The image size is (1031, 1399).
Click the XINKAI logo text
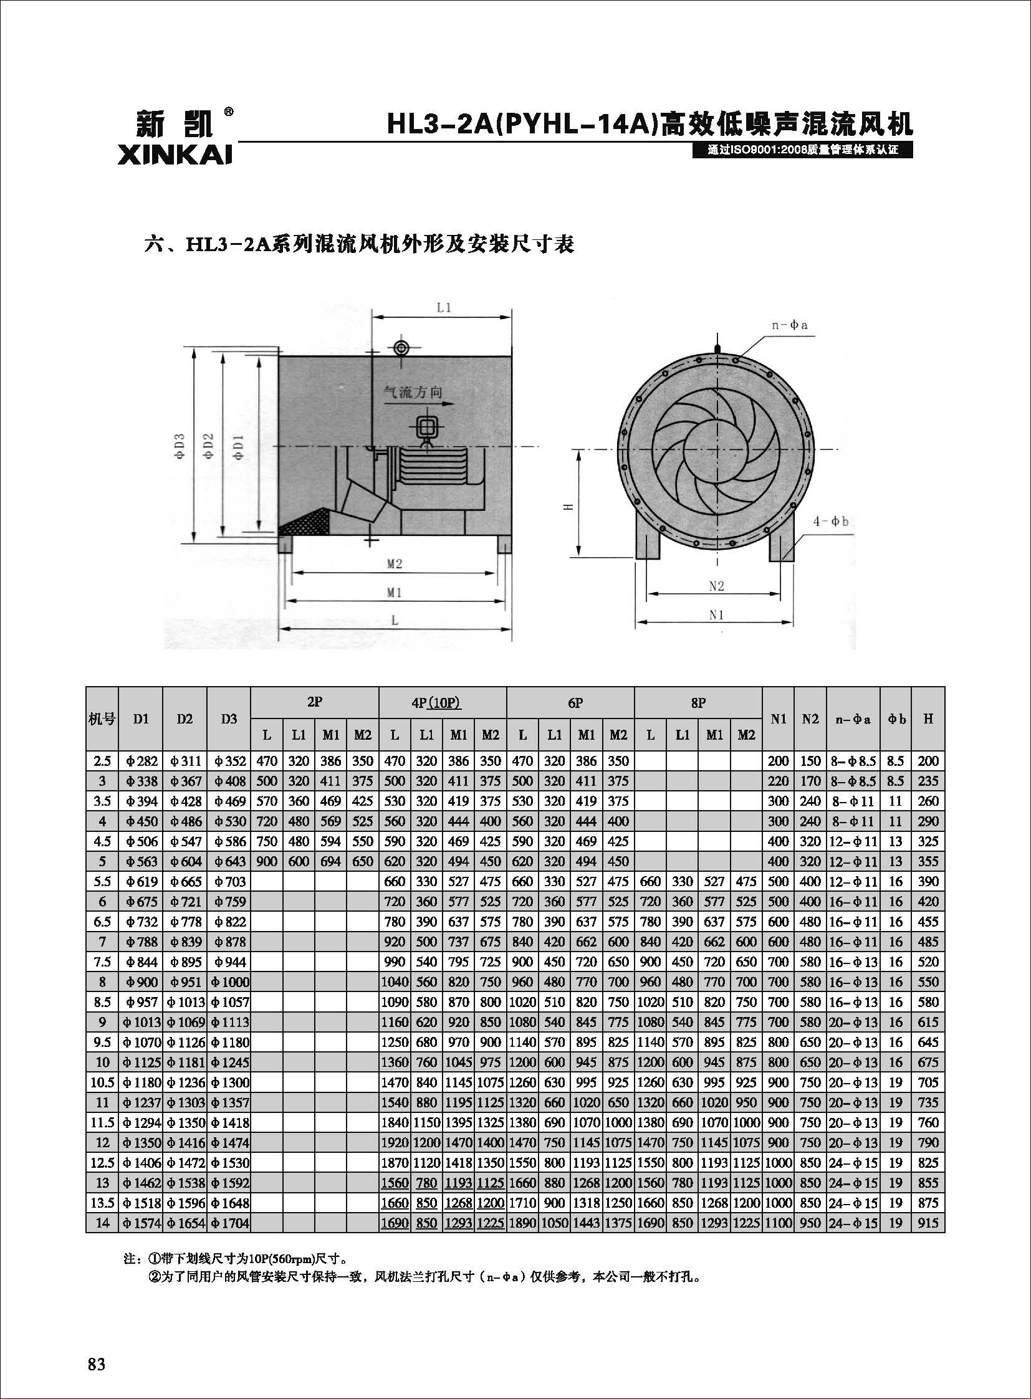click(174, 153)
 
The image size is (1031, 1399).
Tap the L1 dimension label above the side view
click(444, 308)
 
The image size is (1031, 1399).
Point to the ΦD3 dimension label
click(180, 446)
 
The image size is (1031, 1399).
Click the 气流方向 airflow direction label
click(413, 392)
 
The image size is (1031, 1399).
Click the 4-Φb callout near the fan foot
click(830, 521)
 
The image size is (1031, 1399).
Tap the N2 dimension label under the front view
click(716, 586)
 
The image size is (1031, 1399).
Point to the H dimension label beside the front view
click(567, 507)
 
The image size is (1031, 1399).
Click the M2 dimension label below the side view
click(394, 564)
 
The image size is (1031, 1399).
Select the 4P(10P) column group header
click(442, 703)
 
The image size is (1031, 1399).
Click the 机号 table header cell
click(102, 719)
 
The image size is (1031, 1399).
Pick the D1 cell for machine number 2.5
click(141, 762)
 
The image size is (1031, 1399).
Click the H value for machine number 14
click(928, 1223)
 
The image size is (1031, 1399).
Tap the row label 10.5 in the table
click(102, 1082)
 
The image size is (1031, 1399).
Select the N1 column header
click(778, 719)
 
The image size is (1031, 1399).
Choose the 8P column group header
click(698, 703)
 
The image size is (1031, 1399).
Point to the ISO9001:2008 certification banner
click(802, 150)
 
